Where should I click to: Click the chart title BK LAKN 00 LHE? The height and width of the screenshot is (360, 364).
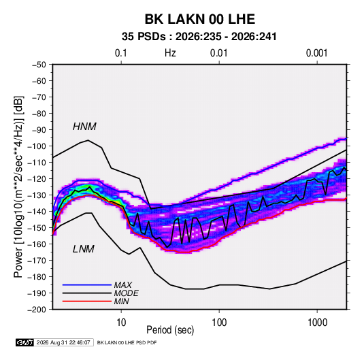coord(200,19)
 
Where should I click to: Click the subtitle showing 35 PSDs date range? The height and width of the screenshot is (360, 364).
coord(199,37)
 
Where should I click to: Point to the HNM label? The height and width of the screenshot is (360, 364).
coord(84,127)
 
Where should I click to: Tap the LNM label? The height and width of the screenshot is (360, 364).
coord(84,249)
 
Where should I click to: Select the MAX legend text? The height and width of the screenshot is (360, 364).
coord(122,284)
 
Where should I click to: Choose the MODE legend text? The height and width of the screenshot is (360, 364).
coord(126,293)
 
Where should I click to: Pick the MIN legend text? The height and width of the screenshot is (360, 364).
coord(121,301)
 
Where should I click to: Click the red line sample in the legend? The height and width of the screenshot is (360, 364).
coord(87,301)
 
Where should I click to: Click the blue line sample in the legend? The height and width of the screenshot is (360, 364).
coord(87,284)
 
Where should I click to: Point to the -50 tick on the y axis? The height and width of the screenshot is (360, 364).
coord(39,65)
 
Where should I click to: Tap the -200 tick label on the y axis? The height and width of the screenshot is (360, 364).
coord(37,310)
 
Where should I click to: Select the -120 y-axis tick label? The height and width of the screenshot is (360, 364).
coord(37,178)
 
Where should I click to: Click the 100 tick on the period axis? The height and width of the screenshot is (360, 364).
coord(219,323)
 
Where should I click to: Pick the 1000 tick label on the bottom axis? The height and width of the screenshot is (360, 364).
coord(317,323)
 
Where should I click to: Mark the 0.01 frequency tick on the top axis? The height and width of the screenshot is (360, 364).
coord(218,53)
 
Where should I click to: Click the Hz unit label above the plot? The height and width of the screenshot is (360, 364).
coord(170,53)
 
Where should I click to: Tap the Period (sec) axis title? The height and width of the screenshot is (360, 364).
coord(170,330)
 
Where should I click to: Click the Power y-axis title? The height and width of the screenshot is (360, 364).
coord(18,186)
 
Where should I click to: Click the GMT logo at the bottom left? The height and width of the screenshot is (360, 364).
coord(24,342)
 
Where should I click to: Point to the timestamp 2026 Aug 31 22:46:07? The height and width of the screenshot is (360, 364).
coord(63,342)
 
